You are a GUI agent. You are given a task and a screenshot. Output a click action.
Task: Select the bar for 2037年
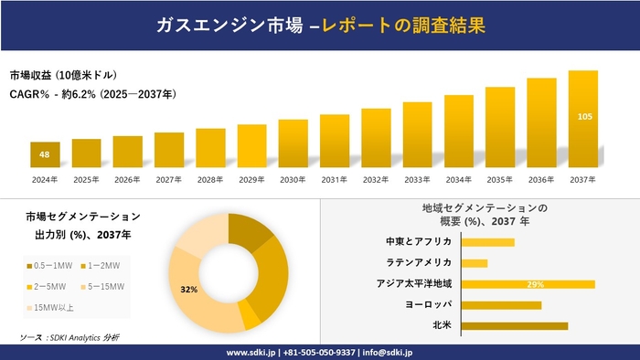click(582, 119)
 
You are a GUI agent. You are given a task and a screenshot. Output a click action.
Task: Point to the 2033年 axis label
click(417, 179)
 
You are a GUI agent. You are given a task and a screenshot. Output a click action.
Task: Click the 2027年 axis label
click(169, 179)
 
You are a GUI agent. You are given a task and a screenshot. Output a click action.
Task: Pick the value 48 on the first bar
click(44, 154)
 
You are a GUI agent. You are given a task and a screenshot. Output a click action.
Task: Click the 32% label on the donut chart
click(189, 290)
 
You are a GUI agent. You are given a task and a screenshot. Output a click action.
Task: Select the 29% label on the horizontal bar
click(536, 284)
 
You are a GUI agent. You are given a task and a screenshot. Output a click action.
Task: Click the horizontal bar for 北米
click(515, 325)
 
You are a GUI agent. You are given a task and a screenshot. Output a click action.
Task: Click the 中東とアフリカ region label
click(419, 241)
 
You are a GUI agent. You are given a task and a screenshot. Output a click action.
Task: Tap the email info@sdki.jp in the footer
click(388, 351)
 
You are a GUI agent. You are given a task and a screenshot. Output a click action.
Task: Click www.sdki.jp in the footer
click(251, 351)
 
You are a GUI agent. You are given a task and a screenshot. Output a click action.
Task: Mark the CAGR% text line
click(92, 94)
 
